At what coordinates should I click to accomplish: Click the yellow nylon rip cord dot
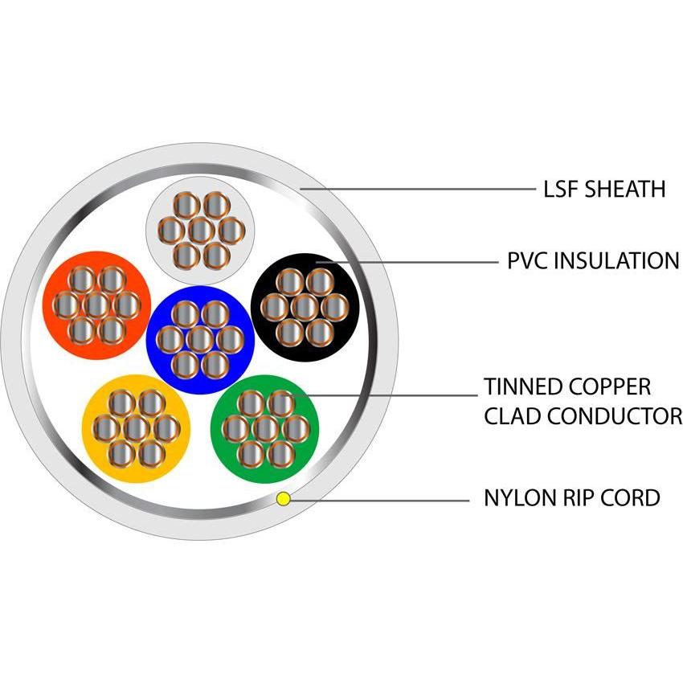pos(283,499)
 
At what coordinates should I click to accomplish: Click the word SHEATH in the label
pos(625,190)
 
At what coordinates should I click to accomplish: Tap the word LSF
pos(559,190)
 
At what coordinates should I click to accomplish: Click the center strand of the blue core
pos(201,338)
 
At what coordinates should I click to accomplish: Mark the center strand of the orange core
pos(96,305)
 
